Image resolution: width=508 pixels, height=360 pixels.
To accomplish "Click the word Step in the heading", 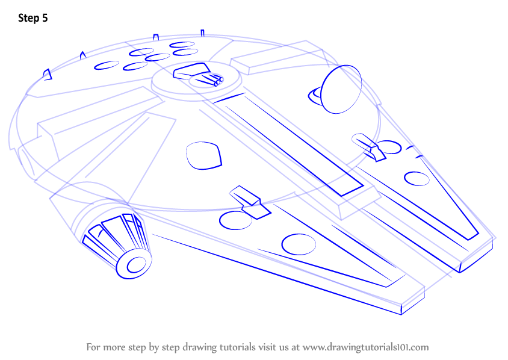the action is pyautogui.click(x=28, y=18).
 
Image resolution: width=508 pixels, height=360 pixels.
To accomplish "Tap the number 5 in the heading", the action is pyautogui.click(x=45, y=18).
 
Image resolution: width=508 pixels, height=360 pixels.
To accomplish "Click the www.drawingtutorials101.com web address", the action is pyautogui.click(x=365, y=347).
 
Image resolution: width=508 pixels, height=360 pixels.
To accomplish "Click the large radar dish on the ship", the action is pyautogui.click(x=341, y=89).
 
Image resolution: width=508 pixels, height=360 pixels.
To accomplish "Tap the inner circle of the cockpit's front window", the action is pyautogui.click(x=137, y=265).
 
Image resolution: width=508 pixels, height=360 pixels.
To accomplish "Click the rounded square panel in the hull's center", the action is pyautogui.click(x=204, y=155).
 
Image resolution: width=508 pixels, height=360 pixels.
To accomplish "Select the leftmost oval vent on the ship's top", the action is pyautogui.click(x=107, y=66).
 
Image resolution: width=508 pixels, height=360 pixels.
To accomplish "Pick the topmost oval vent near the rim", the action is pyautogui.click(x=182, y=45).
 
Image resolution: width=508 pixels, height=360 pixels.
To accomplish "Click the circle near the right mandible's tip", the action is pyautogui.click(x=417, y=179).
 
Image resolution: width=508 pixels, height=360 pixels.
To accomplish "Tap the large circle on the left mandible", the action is pyautogui.click(x=299, y=244).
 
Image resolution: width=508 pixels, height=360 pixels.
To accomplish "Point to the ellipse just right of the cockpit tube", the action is pyautogui.click(x=235, y=221).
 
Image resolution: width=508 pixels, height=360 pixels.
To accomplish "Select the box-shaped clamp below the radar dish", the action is pyautogui.click(x=369, y=147).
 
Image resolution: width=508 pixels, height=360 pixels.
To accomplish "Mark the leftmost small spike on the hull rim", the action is pyautogui.click(x=48, y=75).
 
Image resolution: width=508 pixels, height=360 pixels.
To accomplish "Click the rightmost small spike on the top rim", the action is pyautogui.click(x=202, y=33).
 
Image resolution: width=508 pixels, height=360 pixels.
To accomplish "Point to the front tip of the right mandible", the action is pyautogui.click(x=460, y=272).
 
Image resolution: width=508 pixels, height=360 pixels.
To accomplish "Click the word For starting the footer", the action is pyautogui.click(x=93, y=347).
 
